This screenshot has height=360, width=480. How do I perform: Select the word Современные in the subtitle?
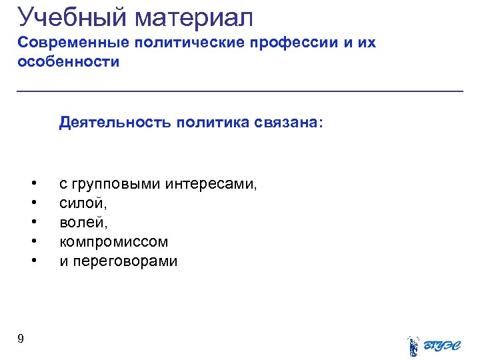[73, 43]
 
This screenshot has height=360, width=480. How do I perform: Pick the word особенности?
[69, 63]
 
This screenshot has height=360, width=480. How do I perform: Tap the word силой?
[81, 203]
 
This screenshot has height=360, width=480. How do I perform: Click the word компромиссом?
[113, 241]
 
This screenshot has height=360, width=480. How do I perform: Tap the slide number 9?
[21, 339]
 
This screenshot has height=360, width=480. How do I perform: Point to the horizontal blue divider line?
[240, 91]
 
